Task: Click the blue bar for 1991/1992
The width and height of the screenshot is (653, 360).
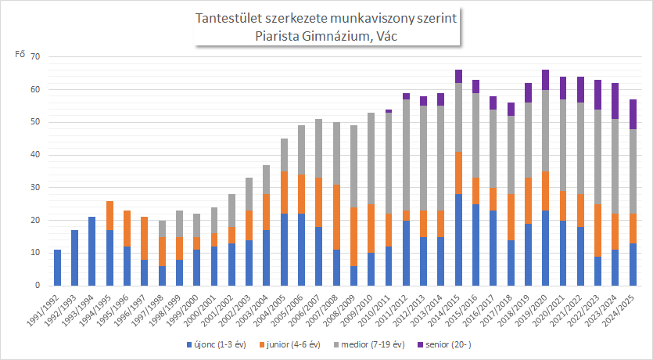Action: pyautogui.click(x=57, y=268)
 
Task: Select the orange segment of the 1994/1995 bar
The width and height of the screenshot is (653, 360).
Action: pyautogui.click(x=110, y=215)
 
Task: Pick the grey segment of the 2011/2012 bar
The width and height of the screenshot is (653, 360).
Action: pyautogui.click(x=406, y=155)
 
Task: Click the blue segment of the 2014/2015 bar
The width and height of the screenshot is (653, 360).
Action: pyautogui.click(x=458, y=240)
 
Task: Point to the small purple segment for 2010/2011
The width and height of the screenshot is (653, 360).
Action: pyautogui.click(x=389, y=111)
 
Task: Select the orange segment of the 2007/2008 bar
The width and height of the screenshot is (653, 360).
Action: pyautogui.click(x=336, y=217)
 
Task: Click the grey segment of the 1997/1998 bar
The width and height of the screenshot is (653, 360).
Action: pyautogui.click(x=163, y=229)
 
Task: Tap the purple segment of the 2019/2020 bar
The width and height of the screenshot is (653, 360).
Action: pyautogui.click(x=546, y=80)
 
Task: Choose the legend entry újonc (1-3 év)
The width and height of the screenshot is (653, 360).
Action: pyautogui.click(x=217, y=344)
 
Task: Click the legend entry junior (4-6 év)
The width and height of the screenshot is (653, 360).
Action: pyautogui.click(x=289, y=344)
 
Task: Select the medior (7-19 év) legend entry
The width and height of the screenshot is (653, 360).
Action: pyautogui.click(x=368, y=344)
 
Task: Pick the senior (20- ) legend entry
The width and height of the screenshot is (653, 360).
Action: pyautogui.click(x=444, y=344)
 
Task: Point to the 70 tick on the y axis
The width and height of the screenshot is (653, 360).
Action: pyautogui.click(x=34, y=56)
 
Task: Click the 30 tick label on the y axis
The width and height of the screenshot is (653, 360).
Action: pyautogui.click(x=34, y=188)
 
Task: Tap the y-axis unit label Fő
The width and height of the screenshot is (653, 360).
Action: pyautogui.click(x=20, y=54)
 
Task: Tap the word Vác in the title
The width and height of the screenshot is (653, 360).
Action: pyautogui.click(x=387, y=36)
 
